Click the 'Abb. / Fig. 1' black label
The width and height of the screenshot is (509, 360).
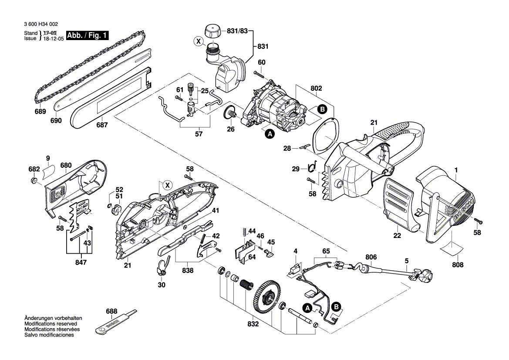pyautogui.click(x=87, y=36)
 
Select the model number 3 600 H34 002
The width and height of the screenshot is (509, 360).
pyautogui.click(x=39, y=25)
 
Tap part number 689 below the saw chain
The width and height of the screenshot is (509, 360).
pyautogui.click(x=40, y=112)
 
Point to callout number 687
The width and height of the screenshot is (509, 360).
pyautogui.click(x=101, y=125)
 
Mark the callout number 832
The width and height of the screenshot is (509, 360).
pyautogui.click(x=253, y=324)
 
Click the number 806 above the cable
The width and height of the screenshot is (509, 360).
pyautogui.click(x=371, y=257)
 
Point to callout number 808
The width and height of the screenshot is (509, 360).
pyautogui.click(x=458, y=265)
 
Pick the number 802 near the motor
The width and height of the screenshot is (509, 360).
pyautogui.click(x=316, y=88)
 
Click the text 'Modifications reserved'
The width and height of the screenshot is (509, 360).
pyautogui.click(x=51, y=324)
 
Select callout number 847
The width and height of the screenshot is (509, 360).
pyautogui.click(x=81, y=262)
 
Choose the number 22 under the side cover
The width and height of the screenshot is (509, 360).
pyautogui.click(x=397, y=236)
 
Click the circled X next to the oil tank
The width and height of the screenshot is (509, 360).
pyautogui.click(x=199, y=42)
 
